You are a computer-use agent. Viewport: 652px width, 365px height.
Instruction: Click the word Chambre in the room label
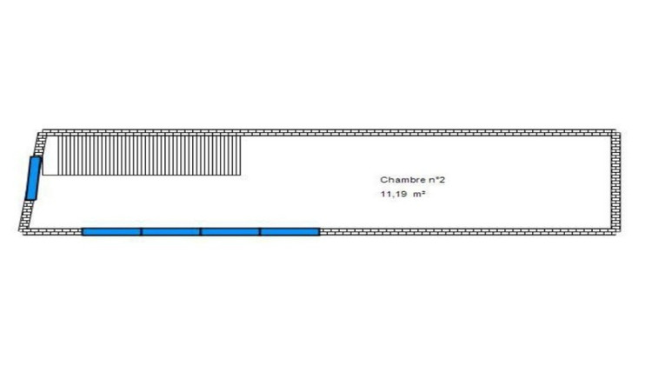coord(398,180)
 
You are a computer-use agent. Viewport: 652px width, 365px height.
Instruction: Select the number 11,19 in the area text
coord(393,194)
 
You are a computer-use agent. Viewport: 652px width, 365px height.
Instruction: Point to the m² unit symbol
coord(419,194)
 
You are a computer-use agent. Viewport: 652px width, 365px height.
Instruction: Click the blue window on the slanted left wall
coord(33,178)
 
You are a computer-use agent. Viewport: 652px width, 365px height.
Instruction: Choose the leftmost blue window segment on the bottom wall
coord(111,231)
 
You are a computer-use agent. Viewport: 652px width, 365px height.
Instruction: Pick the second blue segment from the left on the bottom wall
coord(171,231)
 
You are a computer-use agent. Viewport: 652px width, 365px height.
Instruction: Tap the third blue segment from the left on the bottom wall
coord(230,231)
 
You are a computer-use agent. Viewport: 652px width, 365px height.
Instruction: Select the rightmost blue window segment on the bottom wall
coord(289,231)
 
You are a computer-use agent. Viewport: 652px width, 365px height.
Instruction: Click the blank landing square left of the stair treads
coord(50,156)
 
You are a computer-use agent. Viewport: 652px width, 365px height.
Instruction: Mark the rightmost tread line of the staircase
coord(240,156)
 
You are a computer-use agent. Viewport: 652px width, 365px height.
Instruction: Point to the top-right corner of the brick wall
coord(621,129)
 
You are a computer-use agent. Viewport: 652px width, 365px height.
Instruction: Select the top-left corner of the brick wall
coord(38,130)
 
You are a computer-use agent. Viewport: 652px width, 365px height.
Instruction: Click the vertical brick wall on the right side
coord(615,182)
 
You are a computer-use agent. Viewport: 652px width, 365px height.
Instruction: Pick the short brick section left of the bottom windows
coord(52,231)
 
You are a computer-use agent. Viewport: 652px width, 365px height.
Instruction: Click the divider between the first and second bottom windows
coord(142,231)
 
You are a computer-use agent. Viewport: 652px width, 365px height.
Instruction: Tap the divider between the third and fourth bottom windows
coord(260,231)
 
